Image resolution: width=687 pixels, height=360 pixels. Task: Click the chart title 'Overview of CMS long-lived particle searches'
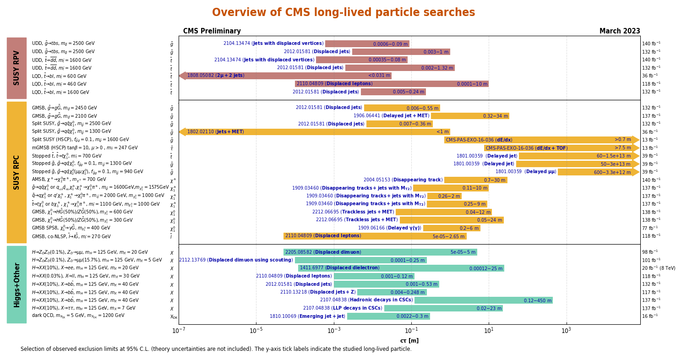(343, 13)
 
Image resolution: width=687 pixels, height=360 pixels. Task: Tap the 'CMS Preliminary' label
(212, 31)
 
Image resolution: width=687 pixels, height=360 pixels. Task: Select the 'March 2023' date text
(619, 31)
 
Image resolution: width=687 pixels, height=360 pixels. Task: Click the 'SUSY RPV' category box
(16, 68)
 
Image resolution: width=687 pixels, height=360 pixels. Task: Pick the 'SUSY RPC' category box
(16, 172)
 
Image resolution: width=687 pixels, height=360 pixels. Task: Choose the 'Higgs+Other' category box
(16, 284)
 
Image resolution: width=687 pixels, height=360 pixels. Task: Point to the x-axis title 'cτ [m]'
(409, 341)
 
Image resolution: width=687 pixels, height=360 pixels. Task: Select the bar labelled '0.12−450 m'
(483, 300)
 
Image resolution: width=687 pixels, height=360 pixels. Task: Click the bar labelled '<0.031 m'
(289, 76)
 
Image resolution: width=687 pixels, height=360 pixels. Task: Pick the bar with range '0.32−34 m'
(469, 116)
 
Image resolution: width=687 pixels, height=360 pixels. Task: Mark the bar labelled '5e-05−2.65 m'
(375, 236)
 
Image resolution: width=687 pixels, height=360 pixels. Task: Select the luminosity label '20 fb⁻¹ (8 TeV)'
(658, 268)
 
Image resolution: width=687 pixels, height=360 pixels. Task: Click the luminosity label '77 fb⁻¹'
(649, 228)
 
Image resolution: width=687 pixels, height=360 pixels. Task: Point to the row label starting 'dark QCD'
(78, 316)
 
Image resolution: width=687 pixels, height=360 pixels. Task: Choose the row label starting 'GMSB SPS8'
(71, 228)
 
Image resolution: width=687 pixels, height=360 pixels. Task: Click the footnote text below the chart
(216, 349)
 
